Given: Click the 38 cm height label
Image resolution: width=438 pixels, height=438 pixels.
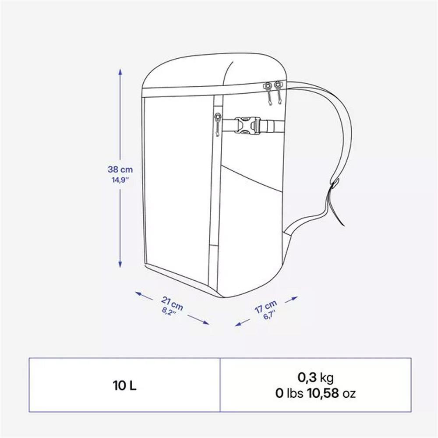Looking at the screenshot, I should click(x=120, y=170).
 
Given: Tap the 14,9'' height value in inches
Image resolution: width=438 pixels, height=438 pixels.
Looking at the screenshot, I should click(x=120, y=179).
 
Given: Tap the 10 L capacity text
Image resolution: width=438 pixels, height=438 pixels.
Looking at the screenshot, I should click(x=124, y=386).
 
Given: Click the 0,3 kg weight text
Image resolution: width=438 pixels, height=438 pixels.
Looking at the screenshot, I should click(x=315, y=377).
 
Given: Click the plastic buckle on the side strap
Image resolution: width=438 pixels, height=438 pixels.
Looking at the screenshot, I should click(x=247, y=126).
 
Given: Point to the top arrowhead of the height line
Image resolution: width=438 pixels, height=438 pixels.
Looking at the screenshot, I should click(x=120, y=71).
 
